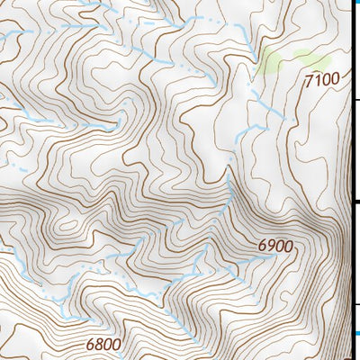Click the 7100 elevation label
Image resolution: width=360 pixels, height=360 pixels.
[322, 80]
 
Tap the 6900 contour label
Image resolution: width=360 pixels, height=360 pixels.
[275, 246]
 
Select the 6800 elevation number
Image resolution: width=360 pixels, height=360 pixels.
[104, 344]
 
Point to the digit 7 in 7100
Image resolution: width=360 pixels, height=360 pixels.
[309, 80]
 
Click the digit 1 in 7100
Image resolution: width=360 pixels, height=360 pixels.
[318, 80]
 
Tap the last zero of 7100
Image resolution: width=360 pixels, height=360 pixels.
[336, 80]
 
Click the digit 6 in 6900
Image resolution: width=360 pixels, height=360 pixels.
[262, 246]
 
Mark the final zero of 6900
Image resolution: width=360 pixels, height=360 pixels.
[289, 246]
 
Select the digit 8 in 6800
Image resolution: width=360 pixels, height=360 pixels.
[100, 344]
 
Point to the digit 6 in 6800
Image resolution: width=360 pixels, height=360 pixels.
[91, 344]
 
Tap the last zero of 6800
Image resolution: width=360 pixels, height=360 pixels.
[118, 344]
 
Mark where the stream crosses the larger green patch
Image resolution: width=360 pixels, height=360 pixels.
[262, 65]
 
